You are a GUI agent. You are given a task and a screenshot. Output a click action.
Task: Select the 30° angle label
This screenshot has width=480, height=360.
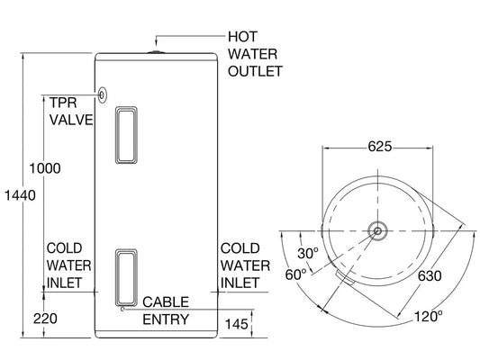point(308,254)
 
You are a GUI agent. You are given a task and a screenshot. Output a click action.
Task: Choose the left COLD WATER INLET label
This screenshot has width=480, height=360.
point(67,265)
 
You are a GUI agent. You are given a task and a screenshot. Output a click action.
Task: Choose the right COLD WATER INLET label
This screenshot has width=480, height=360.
point(245,265)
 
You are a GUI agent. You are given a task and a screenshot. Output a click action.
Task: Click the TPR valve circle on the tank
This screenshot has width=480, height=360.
point(102,94)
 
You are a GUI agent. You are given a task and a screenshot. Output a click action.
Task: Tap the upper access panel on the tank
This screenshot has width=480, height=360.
point(127,135)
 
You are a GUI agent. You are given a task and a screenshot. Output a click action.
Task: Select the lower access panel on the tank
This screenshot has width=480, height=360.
point(127,276)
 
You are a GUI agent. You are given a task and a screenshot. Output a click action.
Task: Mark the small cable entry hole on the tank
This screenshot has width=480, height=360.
point(122,309)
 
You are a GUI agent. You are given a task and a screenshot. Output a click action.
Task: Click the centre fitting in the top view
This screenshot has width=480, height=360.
point(376,230)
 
